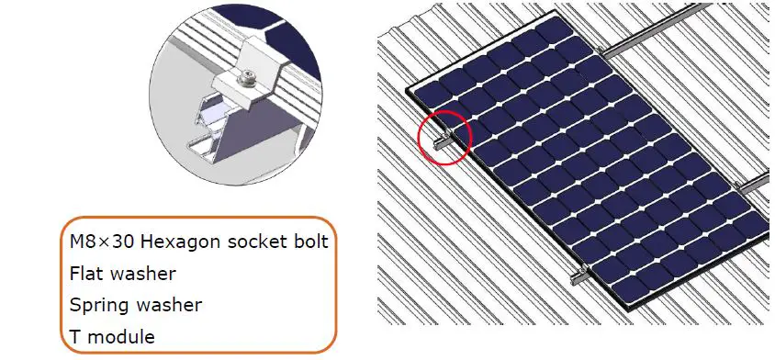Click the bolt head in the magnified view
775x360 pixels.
click(x=249, y=79)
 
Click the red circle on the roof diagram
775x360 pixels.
click(x=444, y=138)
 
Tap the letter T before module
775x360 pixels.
click(x=75, y=336)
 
